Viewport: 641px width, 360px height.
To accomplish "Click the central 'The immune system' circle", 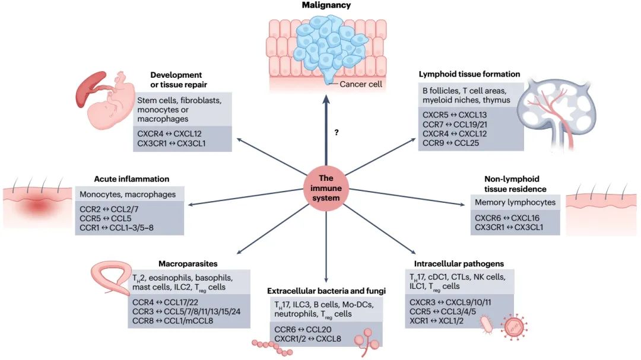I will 326,188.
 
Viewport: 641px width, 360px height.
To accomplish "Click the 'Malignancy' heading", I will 326,5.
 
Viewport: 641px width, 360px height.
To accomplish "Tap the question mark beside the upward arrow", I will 337,133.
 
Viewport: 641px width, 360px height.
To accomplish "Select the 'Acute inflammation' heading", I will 132,179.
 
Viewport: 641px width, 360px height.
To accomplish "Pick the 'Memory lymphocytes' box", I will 515,202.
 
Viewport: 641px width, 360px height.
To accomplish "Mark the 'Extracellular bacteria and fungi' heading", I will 326,291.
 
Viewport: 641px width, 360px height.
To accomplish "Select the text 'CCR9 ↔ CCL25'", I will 445,143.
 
